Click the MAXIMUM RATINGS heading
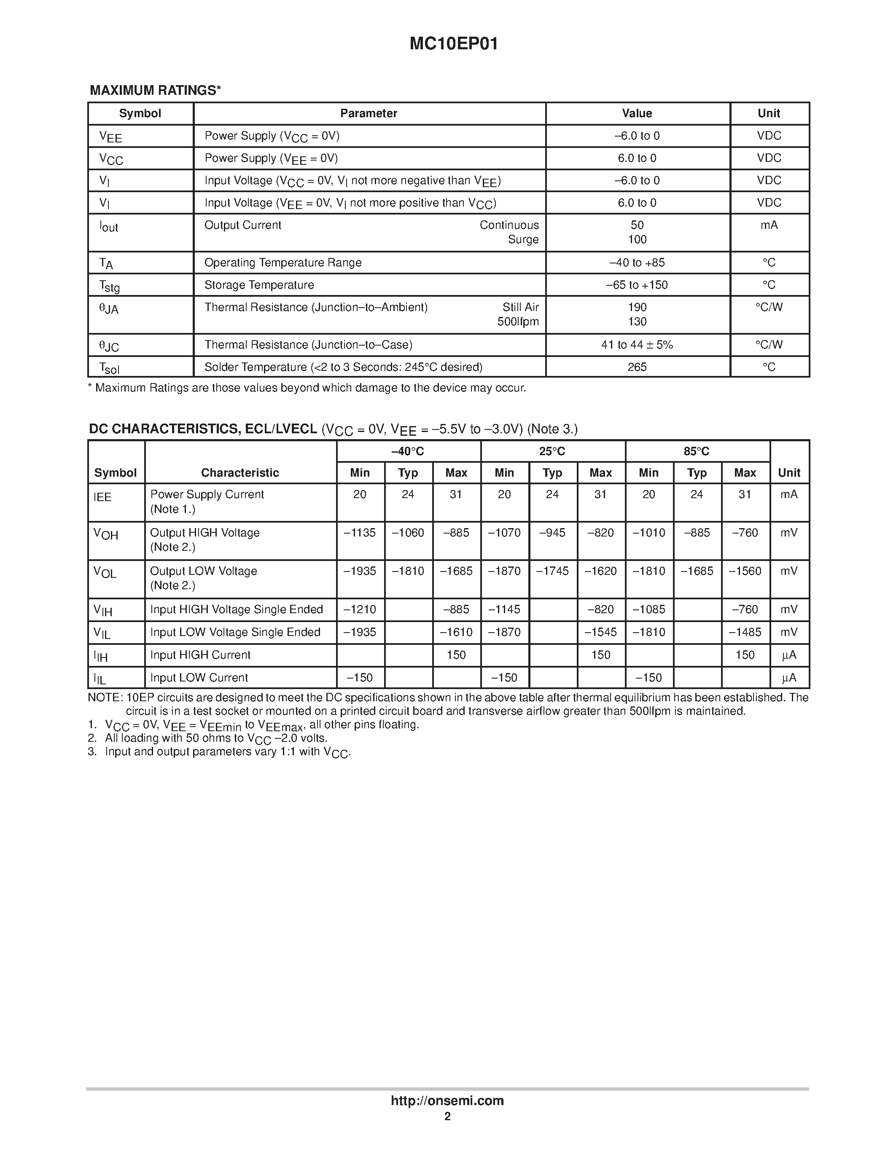pyautogui.click(x=155, y=90)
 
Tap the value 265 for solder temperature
pyautogui.click(x=637, y=367)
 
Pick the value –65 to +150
pyautogui.click(x=637, y=285)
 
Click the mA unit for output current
pyautogui.click(x=769, y=225)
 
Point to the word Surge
pyautogui.click(x=523, y=239)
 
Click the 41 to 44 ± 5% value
pyautogui.click(x=637, y=345)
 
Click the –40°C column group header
pyautogui.click(x=408, y=452)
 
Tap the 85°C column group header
pyautogui.click(x=697, y=452)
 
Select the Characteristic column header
pyautogui.click(x=240, y=472)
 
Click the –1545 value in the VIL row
pyautogui.click(x=600, y=632)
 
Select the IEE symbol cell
pyautogui.click(x=103, y=497)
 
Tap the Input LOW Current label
pyautogui.click(x=199, y=678)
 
